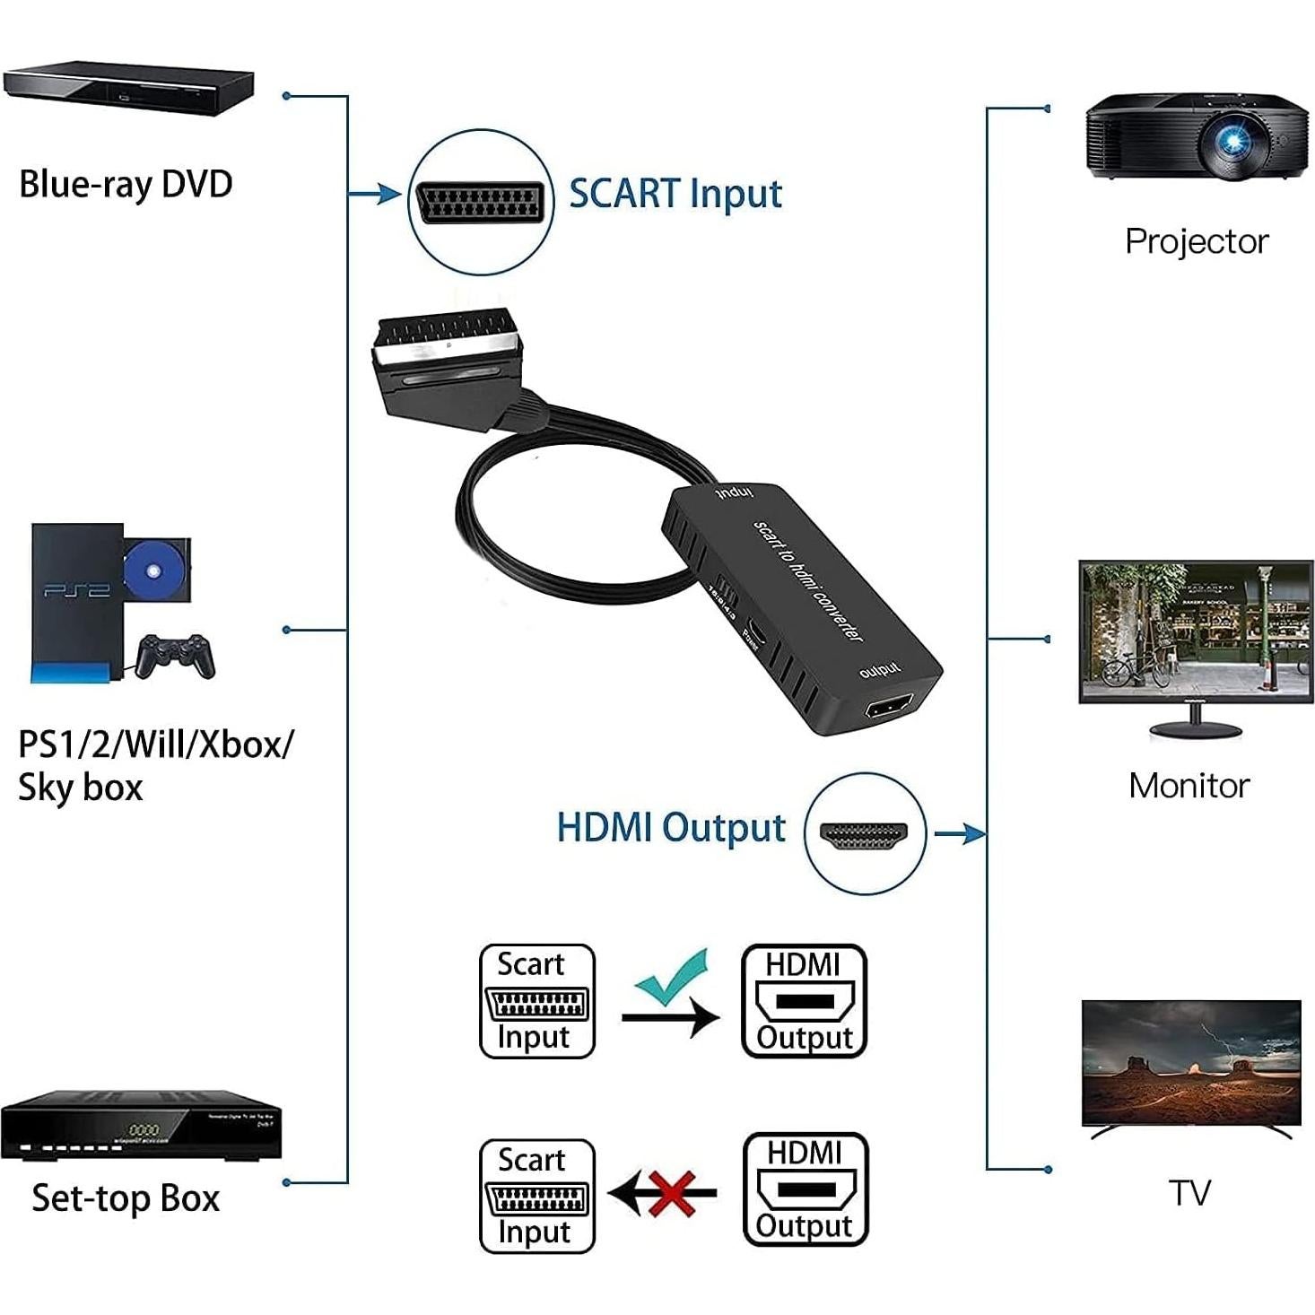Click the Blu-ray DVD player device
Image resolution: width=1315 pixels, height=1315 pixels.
tap(128, 89)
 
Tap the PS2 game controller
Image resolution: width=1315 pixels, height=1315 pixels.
tap(177, 656)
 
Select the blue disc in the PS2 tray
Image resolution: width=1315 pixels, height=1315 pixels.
tap(152, 571)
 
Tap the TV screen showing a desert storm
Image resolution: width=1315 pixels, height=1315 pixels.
tap(1191, 1062)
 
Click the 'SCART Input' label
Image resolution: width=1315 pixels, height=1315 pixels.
tap(675, 194)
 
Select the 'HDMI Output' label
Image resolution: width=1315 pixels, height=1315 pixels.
tap(671, 827)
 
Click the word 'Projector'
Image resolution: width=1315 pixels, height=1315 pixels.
tap(1197, 241)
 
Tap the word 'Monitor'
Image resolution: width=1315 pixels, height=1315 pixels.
tap(1189, 786)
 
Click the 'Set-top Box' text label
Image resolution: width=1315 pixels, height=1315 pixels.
tap(126, 1198)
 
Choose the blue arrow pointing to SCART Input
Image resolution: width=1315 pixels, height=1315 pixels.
tap(377, 194)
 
